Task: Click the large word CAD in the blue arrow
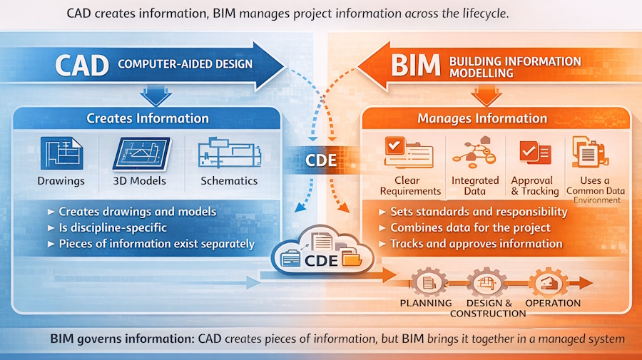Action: (82, 65)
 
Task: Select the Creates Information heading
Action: (148, 118)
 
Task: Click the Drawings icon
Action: (61, 153)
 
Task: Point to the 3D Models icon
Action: (140, 152)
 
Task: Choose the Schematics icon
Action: (228, 152)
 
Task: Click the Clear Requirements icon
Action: (409, 151)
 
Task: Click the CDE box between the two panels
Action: (321, 160)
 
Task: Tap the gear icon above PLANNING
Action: (426, 282)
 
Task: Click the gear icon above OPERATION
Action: (552, 282)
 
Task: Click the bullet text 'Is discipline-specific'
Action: (113, 227)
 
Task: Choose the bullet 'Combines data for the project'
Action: (470, 227)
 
